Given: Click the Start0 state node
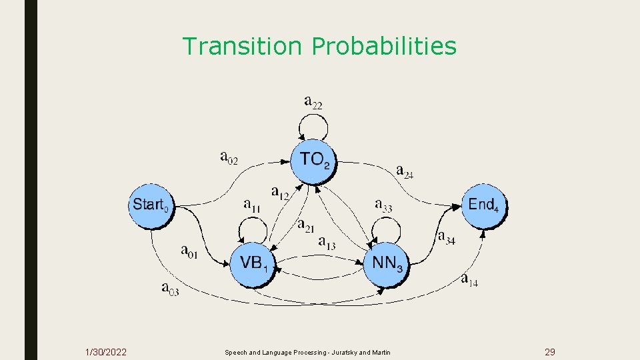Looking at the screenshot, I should click(150, 205).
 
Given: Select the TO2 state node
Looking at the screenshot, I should click(314, 160).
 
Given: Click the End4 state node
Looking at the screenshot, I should click(485, 205).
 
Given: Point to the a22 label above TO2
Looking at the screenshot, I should click(313, 101).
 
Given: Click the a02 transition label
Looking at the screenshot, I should click(229, 157).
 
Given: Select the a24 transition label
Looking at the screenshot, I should click(405, 172).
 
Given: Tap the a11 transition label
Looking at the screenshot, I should click(252, 205).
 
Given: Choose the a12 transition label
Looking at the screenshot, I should click(281, 193).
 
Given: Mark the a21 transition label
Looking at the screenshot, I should click(306, 227).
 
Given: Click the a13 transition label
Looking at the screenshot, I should click(327, 243).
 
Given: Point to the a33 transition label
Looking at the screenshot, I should click(383, 205).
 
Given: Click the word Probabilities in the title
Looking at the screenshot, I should click(384, 47).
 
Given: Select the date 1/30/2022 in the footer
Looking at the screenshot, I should click(106, 352).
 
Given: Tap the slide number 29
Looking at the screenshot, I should click(550, 352).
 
